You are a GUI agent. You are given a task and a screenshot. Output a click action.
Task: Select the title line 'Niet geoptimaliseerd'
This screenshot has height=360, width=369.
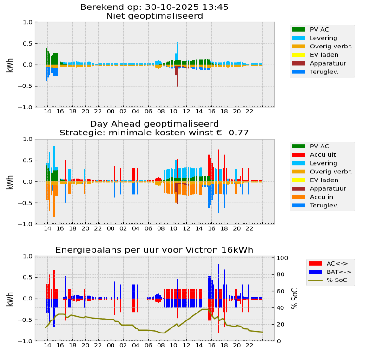pyautogui.click(x=154, y=16)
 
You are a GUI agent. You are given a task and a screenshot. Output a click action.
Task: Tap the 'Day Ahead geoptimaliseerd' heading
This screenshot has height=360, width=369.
pyautogui.click(x=154, y=124)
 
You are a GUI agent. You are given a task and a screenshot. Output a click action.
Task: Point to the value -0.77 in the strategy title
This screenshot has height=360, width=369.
pyautogui.click(x=237, y=133)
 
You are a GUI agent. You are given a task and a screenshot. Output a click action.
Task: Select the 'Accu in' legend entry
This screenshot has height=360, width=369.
pyautogui.click(x=321, y=197)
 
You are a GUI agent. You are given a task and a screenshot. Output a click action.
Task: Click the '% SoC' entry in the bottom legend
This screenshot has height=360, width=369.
pyautogui.click(x=337, y=280)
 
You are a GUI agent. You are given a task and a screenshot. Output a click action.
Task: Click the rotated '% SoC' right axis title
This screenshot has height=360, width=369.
pyautogui.click(x=295, y=299)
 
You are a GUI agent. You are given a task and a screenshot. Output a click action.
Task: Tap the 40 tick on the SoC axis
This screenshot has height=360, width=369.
pyautogui.click(x=282, y=308)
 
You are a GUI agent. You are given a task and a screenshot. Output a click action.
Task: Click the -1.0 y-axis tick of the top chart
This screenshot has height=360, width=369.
pyautogui.click(x=27, y=107)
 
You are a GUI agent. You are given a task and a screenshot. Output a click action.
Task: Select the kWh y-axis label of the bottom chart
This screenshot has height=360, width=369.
pyautogui.click(x=10, y=299)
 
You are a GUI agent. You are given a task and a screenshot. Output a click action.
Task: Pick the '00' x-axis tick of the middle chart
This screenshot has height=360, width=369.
pyautogui.click(x=110, y=228)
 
